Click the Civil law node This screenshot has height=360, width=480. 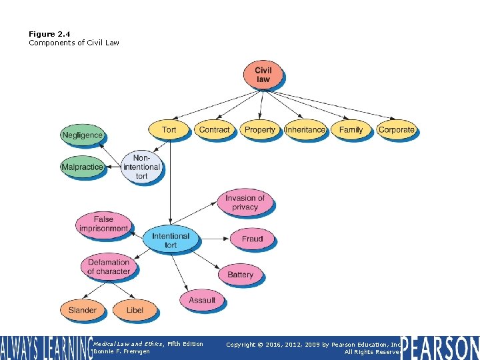[x=263, y=74]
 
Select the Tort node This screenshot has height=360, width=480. [x=169, y=129]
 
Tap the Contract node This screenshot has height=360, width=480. [x=215, y=129]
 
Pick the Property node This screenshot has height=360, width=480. [x=260, y=129]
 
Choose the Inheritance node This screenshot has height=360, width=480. [x=305, y=129]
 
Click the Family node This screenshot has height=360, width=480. [x=351, y=129]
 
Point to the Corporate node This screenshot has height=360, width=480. [x=396, y=129]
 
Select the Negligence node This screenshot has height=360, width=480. [x=83, y=135]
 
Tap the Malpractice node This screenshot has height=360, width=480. [x=83, y=167]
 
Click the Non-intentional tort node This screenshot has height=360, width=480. [x=142, y=167]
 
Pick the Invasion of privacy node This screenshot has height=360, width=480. [x=245, y=202]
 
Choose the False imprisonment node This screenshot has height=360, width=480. [x=103, y=223]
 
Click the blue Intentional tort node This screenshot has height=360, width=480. [x=171, y=240]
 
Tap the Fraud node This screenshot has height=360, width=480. [x=252, y=239]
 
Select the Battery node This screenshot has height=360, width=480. [x=240, y=274]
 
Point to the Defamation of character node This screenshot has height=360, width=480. [x=109, y=267]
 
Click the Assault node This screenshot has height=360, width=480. [x=202, y=300]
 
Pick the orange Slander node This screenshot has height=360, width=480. [x=83, y=310]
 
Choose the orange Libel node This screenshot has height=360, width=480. [x=135, y=310]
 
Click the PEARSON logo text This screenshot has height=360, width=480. [x=441, y=348]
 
